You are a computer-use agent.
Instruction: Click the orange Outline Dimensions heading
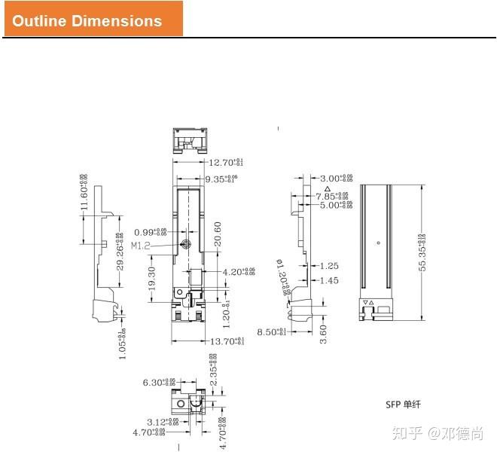click(93, 20)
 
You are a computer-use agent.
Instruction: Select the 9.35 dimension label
click(219, 179)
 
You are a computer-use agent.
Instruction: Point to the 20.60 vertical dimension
click(217, 237)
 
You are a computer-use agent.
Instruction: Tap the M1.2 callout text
click(141, 246)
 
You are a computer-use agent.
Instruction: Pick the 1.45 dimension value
click(329, 280)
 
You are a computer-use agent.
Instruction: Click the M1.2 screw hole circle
click(186, 244)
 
